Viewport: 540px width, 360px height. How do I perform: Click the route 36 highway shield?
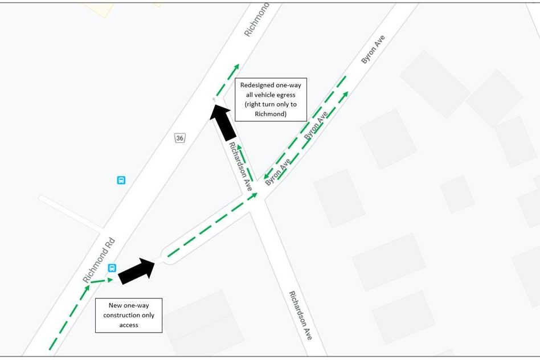(x=180, y=138)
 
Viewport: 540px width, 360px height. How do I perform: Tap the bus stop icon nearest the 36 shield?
(x=121, y=180)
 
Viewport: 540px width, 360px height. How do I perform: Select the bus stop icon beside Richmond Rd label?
(x=112, y=268)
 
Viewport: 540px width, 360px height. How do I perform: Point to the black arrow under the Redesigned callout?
(x=223, y=121)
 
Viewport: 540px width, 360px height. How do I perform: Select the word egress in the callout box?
(x=285, y=95)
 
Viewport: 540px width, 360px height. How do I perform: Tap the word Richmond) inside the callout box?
(x=271, y=114)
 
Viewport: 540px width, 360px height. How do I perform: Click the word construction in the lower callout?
(x=129, y=315)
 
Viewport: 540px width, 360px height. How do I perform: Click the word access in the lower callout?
(x=129, y=325)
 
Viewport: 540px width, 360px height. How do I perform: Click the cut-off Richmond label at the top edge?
(x=256, y=20)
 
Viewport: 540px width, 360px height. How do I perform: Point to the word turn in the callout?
(x=269, y=104)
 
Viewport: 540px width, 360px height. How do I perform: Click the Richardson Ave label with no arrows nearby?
(x=300, y=315)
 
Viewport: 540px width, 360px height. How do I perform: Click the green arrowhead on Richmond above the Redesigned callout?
(x=236, y=67)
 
